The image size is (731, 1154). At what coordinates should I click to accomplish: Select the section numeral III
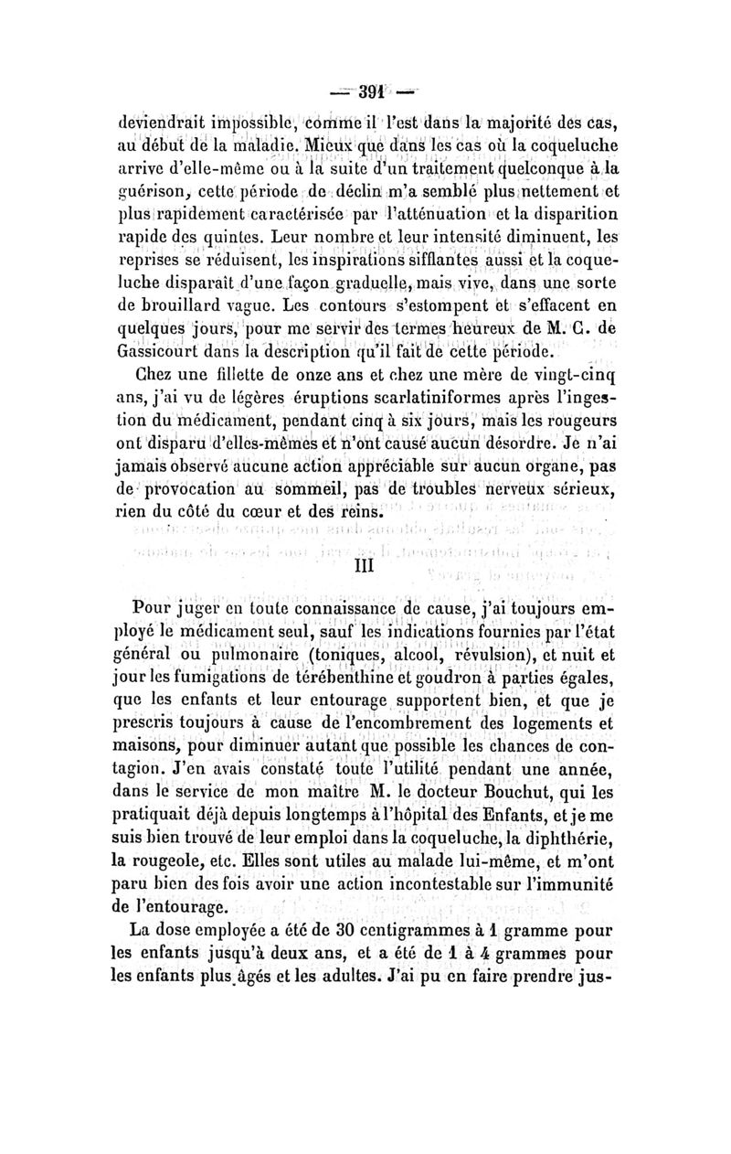tap(365, 566)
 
